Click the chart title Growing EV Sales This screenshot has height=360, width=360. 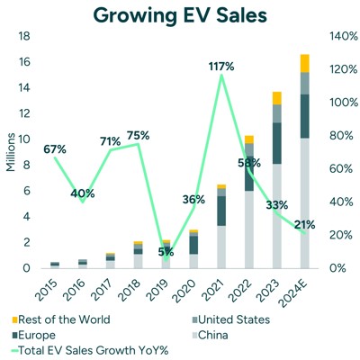(x=180, y=15)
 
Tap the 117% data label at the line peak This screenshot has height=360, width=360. (x=221, y=66)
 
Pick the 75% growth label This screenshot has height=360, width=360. (x=138, y=136)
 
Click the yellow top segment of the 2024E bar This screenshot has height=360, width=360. (x=305, y=63)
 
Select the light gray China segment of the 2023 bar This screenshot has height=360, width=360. (x=277, y=216)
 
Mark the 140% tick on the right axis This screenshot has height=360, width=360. (x=337, y=36)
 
